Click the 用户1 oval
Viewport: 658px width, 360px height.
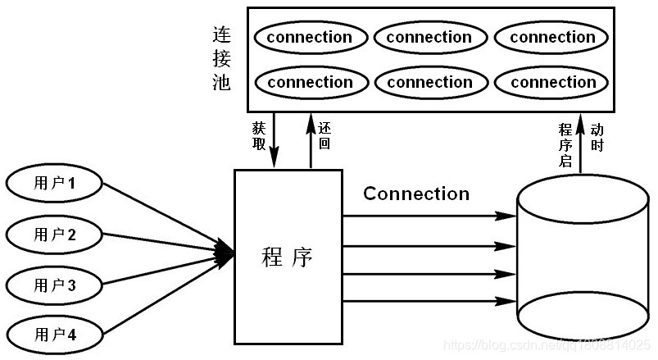pos(55,183)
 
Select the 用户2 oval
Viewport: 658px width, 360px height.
pos(55,235)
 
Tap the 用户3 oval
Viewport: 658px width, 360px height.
pos(55,285)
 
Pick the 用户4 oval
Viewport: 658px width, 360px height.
pos(55,334)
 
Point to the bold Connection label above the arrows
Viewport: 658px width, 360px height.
pos(416,194)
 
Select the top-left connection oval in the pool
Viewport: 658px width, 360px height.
pos(310,38)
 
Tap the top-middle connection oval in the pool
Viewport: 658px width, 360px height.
pos(429,38)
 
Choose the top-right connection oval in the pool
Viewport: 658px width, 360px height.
pos(552,38)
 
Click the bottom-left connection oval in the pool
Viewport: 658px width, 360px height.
pos(310,82)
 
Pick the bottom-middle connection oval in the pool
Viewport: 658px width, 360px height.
pos(429,82)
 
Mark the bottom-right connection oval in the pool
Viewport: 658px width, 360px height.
pos(552,82)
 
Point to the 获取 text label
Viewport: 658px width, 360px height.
pos(258,135)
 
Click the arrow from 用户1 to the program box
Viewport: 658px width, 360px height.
pos(164,213)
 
